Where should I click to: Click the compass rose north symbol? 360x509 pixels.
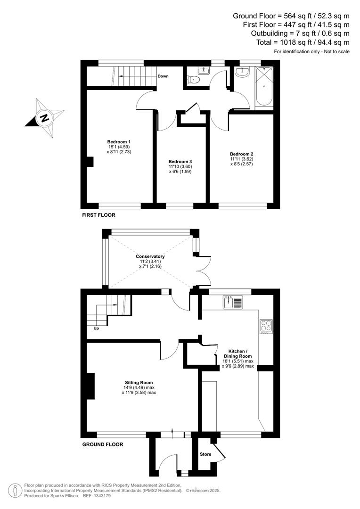coord(45,118)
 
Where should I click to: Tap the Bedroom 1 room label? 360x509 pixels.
coord(119,142)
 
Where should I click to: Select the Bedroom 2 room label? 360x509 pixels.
coord(242,154)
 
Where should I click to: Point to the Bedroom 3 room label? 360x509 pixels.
coord(180,161)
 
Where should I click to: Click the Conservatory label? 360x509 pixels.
coord(150,256)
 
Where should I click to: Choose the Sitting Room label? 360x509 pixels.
coord(139,382)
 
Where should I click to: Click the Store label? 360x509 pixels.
coord(205,454)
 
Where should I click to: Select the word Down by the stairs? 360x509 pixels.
coord(163,76)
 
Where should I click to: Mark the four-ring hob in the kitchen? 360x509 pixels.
coord(266,326)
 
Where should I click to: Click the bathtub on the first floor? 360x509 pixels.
coord(264,87)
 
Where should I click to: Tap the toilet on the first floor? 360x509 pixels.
coord(195,80)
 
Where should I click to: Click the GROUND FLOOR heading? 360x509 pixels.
coord(103,444)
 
